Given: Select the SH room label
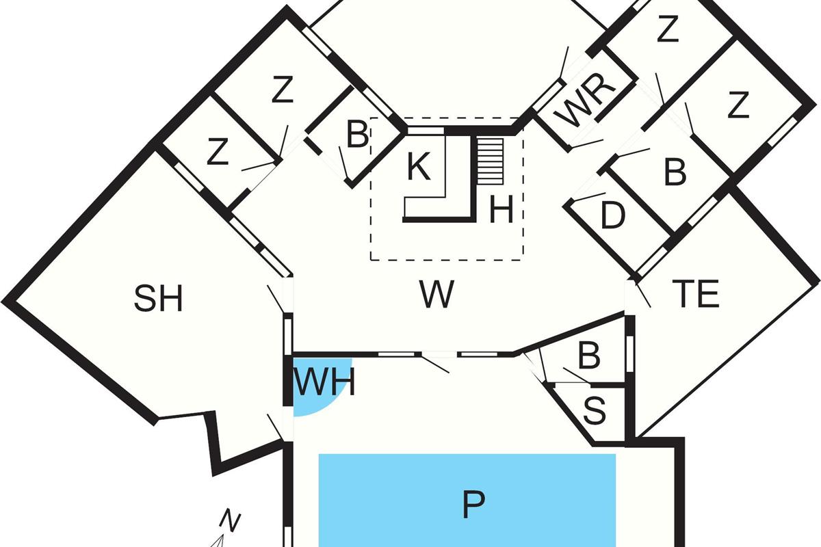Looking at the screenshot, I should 159,299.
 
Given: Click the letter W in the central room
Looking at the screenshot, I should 436,295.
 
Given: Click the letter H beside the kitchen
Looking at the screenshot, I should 501,210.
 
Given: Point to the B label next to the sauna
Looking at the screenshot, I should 589,356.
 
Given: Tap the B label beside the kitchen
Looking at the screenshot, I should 356,136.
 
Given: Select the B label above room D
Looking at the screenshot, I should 675,174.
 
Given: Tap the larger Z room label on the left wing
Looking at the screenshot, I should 281,91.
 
